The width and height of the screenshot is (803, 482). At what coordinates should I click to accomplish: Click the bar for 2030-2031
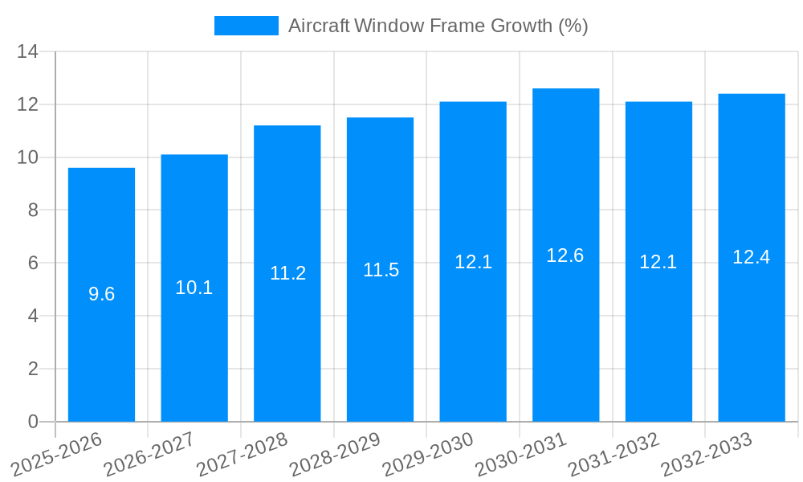pyautogui.click(x=565, y=337)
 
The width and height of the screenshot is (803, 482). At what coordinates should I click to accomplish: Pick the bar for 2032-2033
pyautogui.click(x=751, y=337)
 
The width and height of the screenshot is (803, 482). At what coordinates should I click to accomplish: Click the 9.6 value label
pyautogui.click(x=101, y=294)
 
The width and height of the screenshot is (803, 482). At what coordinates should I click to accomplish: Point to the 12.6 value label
pyautogui.click(x=565, y=255)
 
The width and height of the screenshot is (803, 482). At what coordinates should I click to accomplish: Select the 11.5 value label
pyautogui.click(x=381, y=270)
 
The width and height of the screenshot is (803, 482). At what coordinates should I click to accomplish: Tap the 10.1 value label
pyautogui.click(x=194, y=288)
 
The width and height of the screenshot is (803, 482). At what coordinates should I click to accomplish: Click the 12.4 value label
pyautogui.click(x=751, y=257)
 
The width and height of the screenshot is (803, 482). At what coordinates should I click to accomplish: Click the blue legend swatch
pyautogui.click(x=246, y=26)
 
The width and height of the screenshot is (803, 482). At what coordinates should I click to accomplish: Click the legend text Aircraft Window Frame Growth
pyautogui.click(x=438, y=26)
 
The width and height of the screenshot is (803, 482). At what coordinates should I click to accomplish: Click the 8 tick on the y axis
pyautogui.click(x=32, y=210)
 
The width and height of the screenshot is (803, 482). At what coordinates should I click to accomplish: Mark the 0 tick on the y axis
pyautogui.click(x=32, y=422)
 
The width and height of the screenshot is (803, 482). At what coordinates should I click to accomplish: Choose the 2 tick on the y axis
pyautogui.click(x=32, y=369)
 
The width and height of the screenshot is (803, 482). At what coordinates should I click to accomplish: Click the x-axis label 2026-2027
pyautogui.click(x=150, y=455)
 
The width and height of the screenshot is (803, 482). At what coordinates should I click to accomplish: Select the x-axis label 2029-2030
pyautogui.click(x=428, y=455)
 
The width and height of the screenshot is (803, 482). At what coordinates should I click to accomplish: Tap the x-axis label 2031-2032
pyautogui.click(x=614, y=455)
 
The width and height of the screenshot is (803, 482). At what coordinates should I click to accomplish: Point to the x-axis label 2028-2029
pyautogui.click(x=336, y=455)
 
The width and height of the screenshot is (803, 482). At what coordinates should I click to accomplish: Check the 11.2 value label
pyautogui.click(x=287, y=273)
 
